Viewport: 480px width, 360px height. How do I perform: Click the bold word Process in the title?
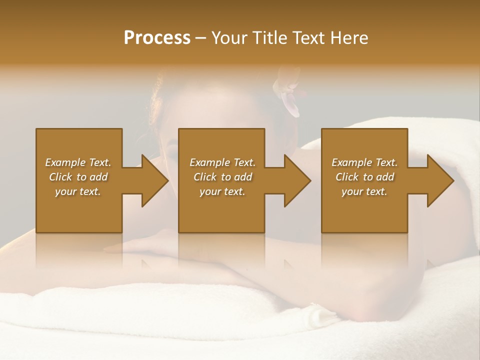(x=157, y=38)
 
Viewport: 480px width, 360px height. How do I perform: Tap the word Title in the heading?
(x=269, y=38)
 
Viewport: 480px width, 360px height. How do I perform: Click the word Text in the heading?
(x=309, y=38)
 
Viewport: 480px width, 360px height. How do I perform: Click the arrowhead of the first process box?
(x=154, y=180)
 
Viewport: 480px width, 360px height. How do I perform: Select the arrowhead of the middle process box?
(x=296, y=180)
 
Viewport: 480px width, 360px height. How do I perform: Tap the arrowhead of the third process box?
(x=439, y=180)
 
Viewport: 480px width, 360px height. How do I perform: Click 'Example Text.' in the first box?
(x=78, y=162)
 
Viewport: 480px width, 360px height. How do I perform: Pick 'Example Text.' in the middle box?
(x=222, y=162)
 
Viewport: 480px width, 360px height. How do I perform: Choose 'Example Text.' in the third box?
(x=364, y=162)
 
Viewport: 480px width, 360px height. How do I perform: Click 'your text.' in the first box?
(x=78, y=191)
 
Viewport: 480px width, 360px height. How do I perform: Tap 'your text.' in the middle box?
(x=222, y=191)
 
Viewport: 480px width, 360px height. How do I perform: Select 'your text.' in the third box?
(x=364, y=191)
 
